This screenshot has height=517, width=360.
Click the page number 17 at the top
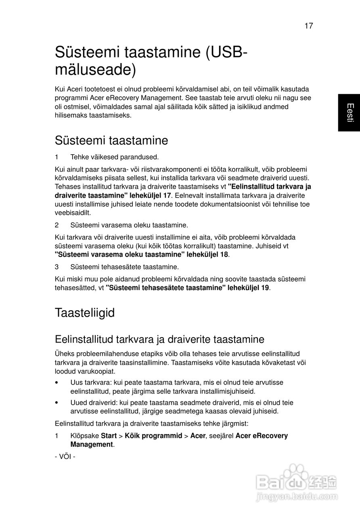click(308, 26)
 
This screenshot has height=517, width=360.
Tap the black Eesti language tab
click(349, 113)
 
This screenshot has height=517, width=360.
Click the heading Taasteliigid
click(85, 313)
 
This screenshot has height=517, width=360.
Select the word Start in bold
click(109, 436)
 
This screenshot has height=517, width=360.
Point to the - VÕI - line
click(65, 457)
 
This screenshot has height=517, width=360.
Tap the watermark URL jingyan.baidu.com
click(297, 496)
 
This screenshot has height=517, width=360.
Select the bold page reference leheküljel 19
click(247, 288)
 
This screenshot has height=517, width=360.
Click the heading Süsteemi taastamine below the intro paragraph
click(111, 141)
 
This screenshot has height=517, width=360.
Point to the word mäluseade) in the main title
click(95, 69)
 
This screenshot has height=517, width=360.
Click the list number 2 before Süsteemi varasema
click(57, 225)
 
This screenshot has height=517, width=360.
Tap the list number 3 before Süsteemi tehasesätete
click(57, 267)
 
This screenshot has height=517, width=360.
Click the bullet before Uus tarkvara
click(57, 382)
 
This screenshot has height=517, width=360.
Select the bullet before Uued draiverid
click(57, 403)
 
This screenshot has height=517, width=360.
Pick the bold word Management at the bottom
click(92, 445)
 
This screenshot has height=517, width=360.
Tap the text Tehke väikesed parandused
click(115, 157)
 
